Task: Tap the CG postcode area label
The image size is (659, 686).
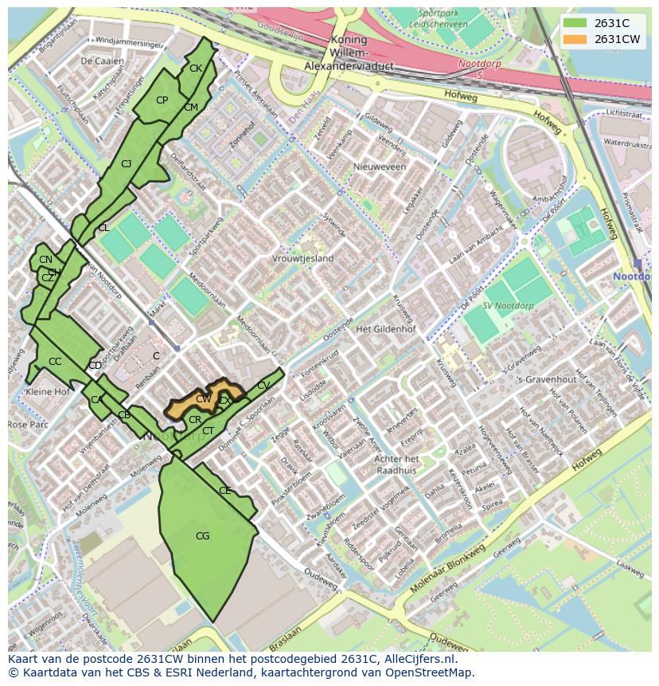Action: point(202,536)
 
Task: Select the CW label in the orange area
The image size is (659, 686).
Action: point(203,399)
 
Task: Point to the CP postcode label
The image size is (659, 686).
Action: point(162,100)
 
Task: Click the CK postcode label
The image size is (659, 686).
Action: point(195,69)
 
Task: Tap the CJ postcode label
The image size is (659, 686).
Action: point(126,164)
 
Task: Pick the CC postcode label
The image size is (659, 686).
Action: point(55,362)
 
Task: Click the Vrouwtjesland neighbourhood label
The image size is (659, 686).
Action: point(302,259)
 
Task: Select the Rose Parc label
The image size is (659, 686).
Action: point(29,425)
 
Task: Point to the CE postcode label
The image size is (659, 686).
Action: point(224,491)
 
